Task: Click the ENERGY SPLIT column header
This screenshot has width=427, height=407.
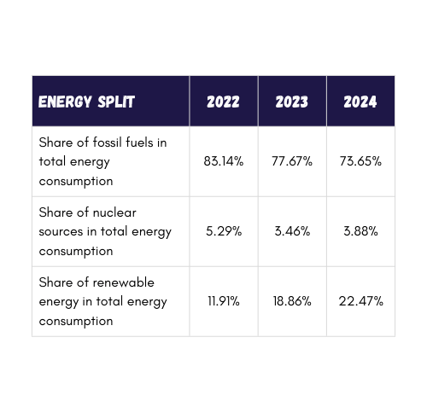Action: [x=86, y=102]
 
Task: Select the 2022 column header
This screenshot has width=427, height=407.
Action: [x=223, y=102]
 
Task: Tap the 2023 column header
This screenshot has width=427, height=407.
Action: [x=291, y=102]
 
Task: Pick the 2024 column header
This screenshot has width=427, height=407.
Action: [x=360, y=102]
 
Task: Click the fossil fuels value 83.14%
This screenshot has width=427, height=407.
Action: [x=223, y=161]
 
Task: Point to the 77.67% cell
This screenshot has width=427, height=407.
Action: [x=291, y=161]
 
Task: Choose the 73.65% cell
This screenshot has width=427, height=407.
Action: [x=360, y=161]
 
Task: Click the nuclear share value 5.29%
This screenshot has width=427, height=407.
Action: [x=223, y=231]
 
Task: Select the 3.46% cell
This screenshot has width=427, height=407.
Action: [x=291, y=231]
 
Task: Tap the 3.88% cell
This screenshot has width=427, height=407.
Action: [x=360, y=231]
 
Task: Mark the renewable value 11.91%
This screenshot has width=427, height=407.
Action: [x=223, y=301]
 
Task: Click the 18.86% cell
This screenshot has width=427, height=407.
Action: [x=291, y=301]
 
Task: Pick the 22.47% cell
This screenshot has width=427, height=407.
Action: [x=360, y=301]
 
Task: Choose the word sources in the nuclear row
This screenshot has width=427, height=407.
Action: [x=61, y=231]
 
